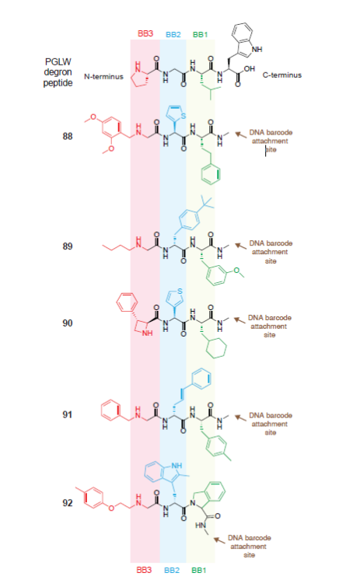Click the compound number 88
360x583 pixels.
[68, 137]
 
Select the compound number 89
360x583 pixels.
[68, 246]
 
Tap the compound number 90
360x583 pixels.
[68, 323]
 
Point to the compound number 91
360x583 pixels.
[68, 414]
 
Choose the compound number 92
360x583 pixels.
[68, 503]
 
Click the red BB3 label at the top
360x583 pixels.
[145, 34]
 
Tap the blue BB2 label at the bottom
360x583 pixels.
[172, 570]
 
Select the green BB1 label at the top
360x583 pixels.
[200, 34]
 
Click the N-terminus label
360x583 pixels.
[103, 77]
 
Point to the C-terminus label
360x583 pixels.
[282, 75]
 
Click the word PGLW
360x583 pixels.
[58, 61]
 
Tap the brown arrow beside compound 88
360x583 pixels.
[240, 134]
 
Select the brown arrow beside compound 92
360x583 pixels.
[219, 540]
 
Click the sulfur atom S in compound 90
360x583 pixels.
[180, 291]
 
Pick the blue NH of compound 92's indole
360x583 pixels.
[177, 466]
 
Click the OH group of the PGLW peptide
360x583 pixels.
[249, 68]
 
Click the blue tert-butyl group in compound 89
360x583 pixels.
[207, 204]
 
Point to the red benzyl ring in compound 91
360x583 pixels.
[111, 410]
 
